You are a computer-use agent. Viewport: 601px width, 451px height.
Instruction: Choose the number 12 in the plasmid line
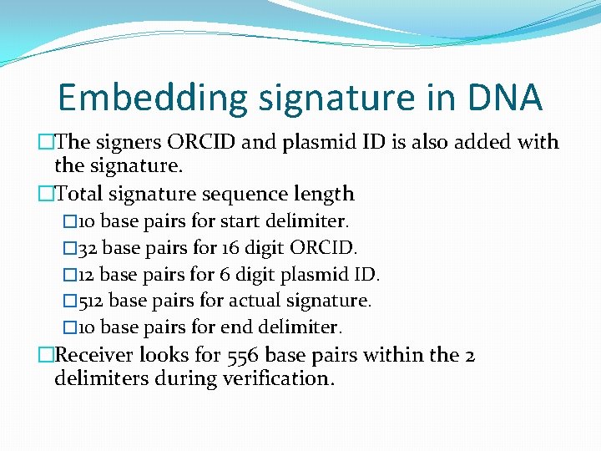pyautogui.click(x=88, y=274)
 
